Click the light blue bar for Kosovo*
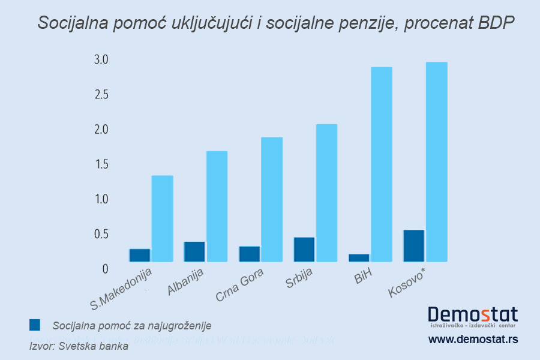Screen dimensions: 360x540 pyautogui.click(x=436, y=162)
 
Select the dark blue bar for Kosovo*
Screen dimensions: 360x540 pyautogui.click(x=414, y=246)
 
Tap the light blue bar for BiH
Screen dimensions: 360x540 pyautogui.click(x=382, y=164)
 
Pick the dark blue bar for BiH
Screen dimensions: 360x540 pyautogui.click(x=359, y=258)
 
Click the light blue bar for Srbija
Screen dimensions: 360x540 pyautogui.click(x=326, y=193)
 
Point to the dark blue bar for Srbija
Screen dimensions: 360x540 pyautogui.click(x=304, y=250)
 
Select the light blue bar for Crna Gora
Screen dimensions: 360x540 pyautogui.click(x=272, y=199)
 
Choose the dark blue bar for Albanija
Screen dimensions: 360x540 pyautogui.click(x=194, y=251)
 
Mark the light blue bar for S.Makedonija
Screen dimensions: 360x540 pyautogui.click(x=162, y=218)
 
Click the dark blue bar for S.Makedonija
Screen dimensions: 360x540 pyautogui.click(x=140, y=255)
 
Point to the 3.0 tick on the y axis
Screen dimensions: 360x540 pyautogui.click(x=100, y=59)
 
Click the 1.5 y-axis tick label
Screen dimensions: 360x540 pyautogui.click(x=100, y=164)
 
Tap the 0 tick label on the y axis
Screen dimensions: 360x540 pyautogui.click(x=105, y=269)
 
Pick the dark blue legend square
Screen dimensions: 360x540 pyautogui.click(x=35, y=325)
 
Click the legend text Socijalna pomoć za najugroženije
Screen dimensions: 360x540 pyautogui.click(x=132, y=326)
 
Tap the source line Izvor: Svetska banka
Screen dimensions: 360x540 pyautogui.click(x=79, y=346)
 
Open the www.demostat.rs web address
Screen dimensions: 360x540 pyautogui.click(x=473, y=340)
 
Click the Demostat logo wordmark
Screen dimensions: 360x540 pyautogui.click(x=473, y=314)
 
